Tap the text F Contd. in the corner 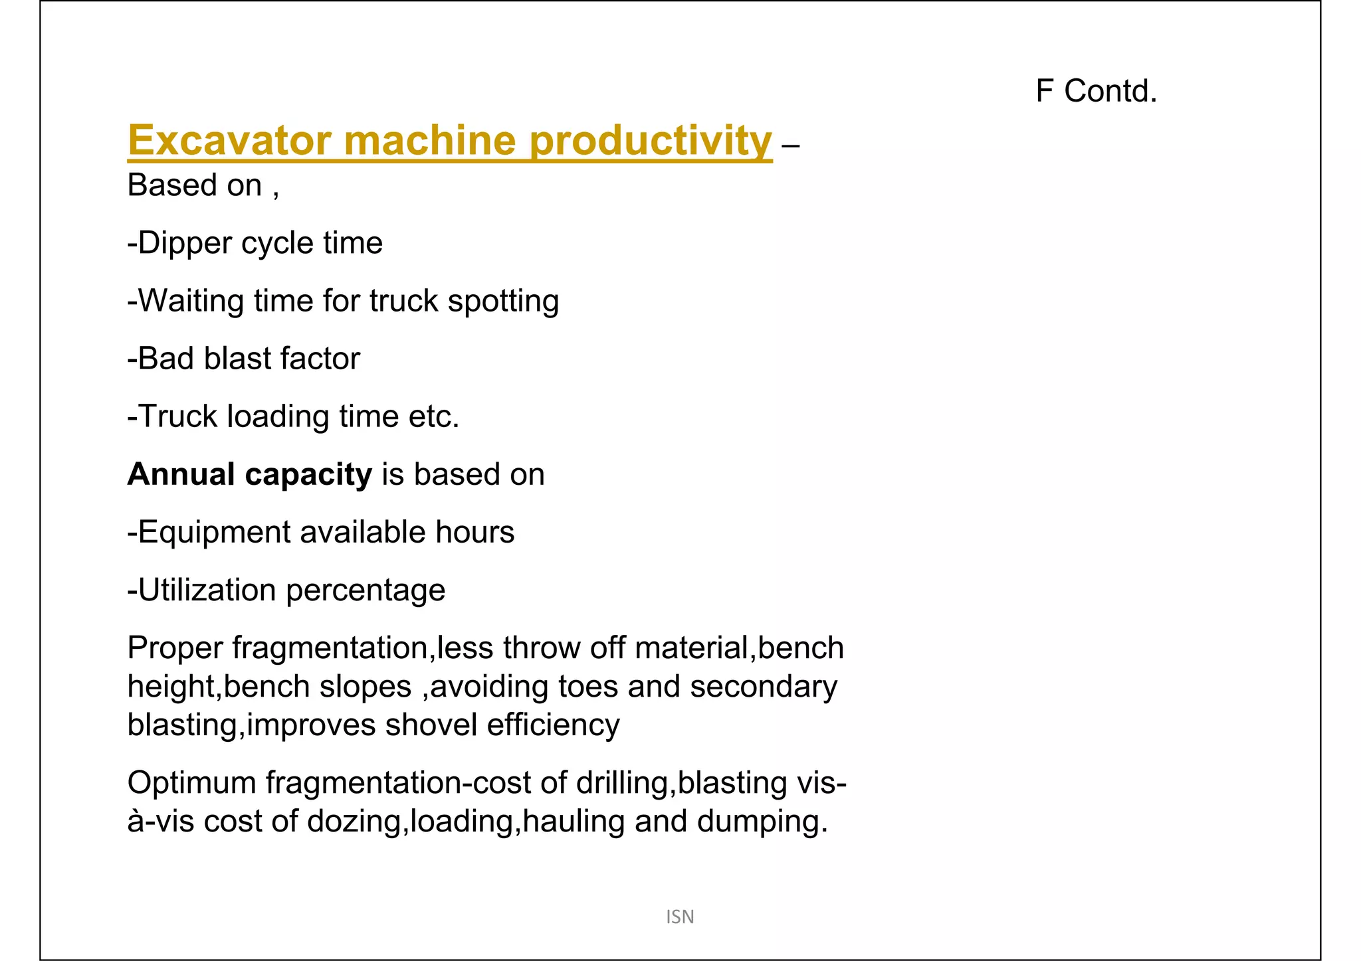click(1096, 91)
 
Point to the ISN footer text click(680, 917)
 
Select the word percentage click(366, 590)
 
